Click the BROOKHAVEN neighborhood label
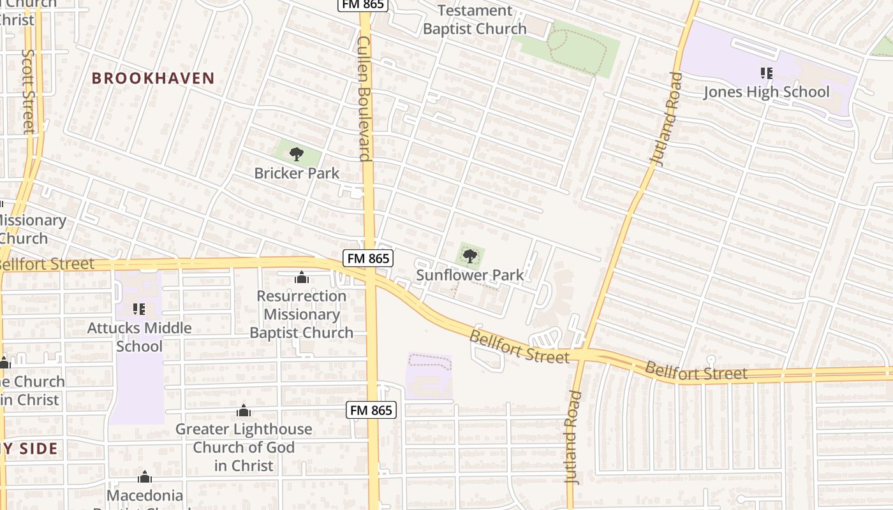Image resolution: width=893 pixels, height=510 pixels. pos(152,78)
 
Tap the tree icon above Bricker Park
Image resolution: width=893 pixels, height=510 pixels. pos(296,154)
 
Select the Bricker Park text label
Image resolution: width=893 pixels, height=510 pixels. pos(297,173)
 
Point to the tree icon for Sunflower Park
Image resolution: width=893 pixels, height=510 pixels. pos(469,256)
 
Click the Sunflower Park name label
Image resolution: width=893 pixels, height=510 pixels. pos(469,275)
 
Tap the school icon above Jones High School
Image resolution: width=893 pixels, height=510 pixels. pos(766,73)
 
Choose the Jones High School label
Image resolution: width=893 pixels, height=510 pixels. pos(766,92)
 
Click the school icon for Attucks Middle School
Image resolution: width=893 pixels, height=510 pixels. pos(139,309)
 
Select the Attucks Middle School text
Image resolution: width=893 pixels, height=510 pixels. pos(139,337)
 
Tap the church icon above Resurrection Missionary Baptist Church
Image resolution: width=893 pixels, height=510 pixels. pos(301,277)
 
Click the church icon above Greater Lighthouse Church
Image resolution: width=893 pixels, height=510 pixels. pos(243,411)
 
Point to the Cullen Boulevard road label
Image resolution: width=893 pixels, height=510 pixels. pos(364,98)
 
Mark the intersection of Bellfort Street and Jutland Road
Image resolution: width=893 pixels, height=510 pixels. pos(583,356)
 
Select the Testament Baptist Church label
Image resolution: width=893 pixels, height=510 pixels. pos(475,20)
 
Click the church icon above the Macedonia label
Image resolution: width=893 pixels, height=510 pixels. pos(145,477)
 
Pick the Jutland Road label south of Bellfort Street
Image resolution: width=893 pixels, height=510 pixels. pos(573,437)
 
